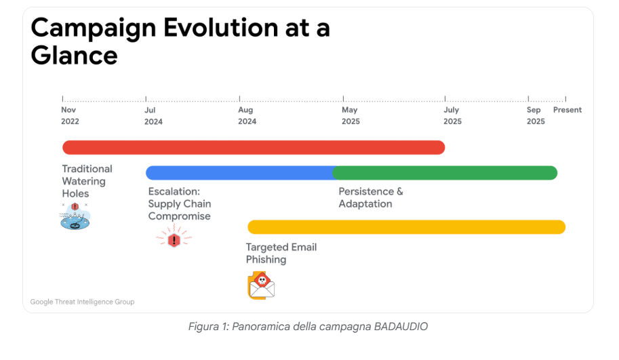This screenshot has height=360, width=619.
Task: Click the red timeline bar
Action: pos(254,147)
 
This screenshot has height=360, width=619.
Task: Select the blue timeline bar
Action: pos(239,173)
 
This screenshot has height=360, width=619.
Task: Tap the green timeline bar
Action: pos(445,173)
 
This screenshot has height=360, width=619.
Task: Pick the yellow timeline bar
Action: pos(407,227)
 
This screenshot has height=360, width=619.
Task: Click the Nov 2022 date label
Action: pos(70,116)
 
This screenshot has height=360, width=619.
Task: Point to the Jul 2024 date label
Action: pos(153,116)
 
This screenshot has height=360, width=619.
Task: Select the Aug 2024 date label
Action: pos(247,116)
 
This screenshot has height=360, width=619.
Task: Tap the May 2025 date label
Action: pos(351,116)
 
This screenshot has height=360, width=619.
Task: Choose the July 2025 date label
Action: pos(452,116)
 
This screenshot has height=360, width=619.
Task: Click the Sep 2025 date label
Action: pos(536,116)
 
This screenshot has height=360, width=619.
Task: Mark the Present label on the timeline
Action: pos(567,110)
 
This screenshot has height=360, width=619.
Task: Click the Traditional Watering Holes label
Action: pos(87,181)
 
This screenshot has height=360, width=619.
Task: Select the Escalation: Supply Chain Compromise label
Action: pos(180,203)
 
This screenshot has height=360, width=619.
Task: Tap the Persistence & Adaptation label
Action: pos(371,198)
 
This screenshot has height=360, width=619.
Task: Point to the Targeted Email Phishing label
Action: pos(281,254)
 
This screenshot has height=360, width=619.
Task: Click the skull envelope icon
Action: pos(261,285)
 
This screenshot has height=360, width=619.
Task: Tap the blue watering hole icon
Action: pos(75,216)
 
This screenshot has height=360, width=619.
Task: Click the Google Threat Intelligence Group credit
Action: pos(82,302)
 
